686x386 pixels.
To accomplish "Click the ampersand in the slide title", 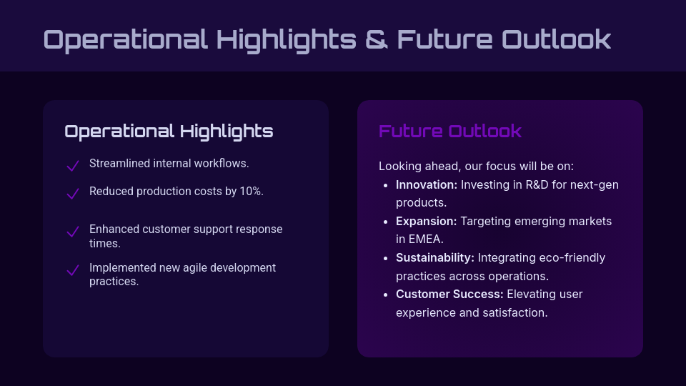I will click(x=377, y=39).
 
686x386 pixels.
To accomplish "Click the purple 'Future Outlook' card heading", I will click(x=449, y=132).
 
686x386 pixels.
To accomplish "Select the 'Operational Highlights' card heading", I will click(x=169, y=132).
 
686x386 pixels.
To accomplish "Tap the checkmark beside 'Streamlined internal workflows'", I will click(x=72, y=166).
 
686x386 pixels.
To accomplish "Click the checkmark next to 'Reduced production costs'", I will click(x=72, y=194).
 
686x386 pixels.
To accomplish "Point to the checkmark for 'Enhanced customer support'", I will click(x=72, y=232).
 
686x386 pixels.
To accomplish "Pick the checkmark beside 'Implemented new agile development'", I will click(x=72, y=270).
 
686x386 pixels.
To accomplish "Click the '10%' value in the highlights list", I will click(x=251, y=192).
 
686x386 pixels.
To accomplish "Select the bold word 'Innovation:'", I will click(x=426, y=184).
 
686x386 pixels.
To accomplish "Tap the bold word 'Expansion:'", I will click(x=426, y=221).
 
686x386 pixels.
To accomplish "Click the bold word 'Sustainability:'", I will click(x=434, y=257).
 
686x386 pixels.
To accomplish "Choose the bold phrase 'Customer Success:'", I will click(x=449, y=294).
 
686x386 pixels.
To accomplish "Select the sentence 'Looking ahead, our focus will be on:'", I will click(x=476, y=166).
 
